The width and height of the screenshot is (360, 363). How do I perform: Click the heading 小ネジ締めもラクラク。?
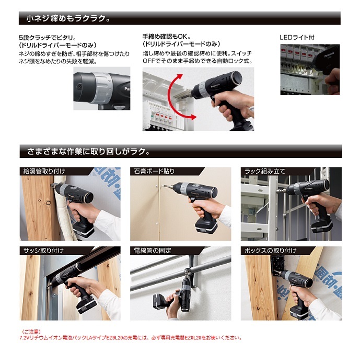tap(68, 18)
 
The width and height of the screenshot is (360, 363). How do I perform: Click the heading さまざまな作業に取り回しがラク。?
tap(88, 151)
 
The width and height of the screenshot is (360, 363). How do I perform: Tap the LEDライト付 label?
tap(297, 38)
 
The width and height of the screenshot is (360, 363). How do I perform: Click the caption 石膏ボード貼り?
tap(154, 172)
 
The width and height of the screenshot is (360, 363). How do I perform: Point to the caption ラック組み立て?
tap(265, 172)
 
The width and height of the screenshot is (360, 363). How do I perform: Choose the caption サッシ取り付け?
tap(43, 251)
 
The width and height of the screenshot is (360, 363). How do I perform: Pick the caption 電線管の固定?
tap(153, 251)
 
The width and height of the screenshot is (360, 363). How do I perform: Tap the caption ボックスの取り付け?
tap(270, 251)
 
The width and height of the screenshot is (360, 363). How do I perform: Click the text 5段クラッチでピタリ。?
tap(48, 37)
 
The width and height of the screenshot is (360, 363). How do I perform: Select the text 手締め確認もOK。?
tap(167, 37)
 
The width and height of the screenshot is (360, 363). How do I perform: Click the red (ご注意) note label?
tap(31, 332)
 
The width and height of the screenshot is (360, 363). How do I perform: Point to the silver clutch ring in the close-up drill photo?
tap(102, 87)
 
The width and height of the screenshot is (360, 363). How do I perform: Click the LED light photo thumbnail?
tap(310, 70)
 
